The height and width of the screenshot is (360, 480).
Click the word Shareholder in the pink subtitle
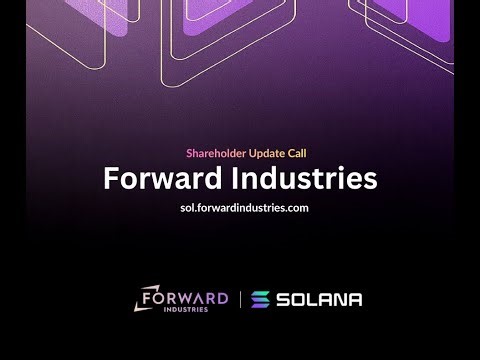(x=217, y=153)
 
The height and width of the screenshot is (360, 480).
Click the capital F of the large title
(x=111, y=179)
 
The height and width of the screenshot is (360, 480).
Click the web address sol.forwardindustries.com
(x=240, y=208)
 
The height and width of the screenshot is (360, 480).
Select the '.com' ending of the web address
(x=292, y=208)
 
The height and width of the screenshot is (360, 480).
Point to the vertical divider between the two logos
(x=240, y=299)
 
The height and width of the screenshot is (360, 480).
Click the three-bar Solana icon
(x=260, y=299)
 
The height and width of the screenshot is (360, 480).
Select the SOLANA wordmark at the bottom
(x=319, y=299)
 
